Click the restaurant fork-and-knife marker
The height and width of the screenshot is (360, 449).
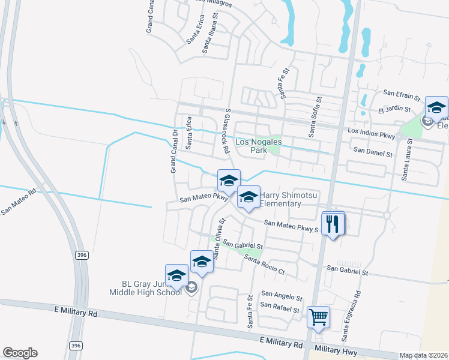click(333, 224)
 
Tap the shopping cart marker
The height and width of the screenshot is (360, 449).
click(318, 316)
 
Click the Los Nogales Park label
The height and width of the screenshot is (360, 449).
click(259, 146)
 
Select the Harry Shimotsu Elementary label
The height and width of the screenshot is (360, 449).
click(280, 200)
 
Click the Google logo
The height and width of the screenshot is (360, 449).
click(20, 353)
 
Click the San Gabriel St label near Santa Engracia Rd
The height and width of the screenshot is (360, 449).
click(347, 272)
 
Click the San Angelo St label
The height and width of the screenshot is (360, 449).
click(281, 296)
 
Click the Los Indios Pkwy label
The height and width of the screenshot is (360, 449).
click(371, 133)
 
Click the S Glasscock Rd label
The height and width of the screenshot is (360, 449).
click(228, 131)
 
